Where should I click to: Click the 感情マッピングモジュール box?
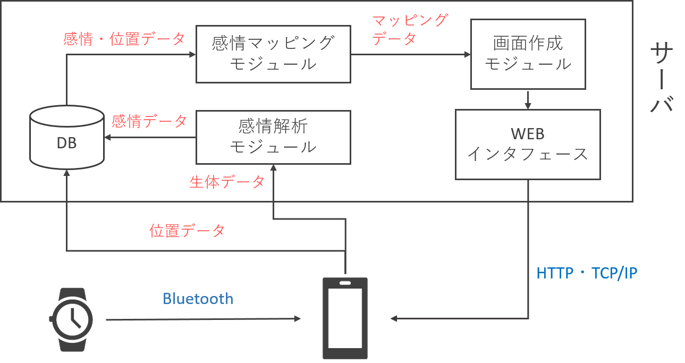(273, 54)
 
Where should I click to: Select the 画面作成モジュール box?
(528, 54)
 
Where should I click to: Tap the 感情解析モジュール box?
(273, 137)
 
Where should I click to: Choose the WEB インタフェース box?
(528, 145)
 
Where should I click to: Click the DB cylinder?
(66, 137)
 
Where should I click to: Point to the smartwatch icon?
(72, 319)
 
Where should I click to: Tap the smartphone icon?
(345, 318)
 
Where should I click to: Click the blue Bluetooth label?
(198, 299)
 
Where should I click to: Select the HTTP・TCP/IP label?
(587, 273)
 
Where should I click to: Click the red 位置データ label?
(187, 231)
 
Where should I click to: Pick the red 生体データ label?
(227, 182)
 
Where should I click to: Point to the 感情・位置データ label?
(124, 39)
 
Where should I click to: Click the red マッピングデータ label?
(410, 29)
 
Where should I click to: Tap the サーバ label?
(662, 77)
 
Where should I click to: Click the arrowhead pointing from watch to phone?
(298, 319)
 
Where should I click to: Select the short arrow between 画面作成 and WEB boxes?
(528, 100)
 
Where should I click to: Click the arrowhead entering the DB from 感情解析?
(108, 137)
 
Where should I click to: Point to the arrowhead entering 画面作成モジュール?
(467, 54)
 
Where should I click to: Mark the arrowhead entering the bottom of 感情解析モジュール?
(273, 168)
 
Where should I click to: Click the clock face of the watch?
(72, 319)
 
